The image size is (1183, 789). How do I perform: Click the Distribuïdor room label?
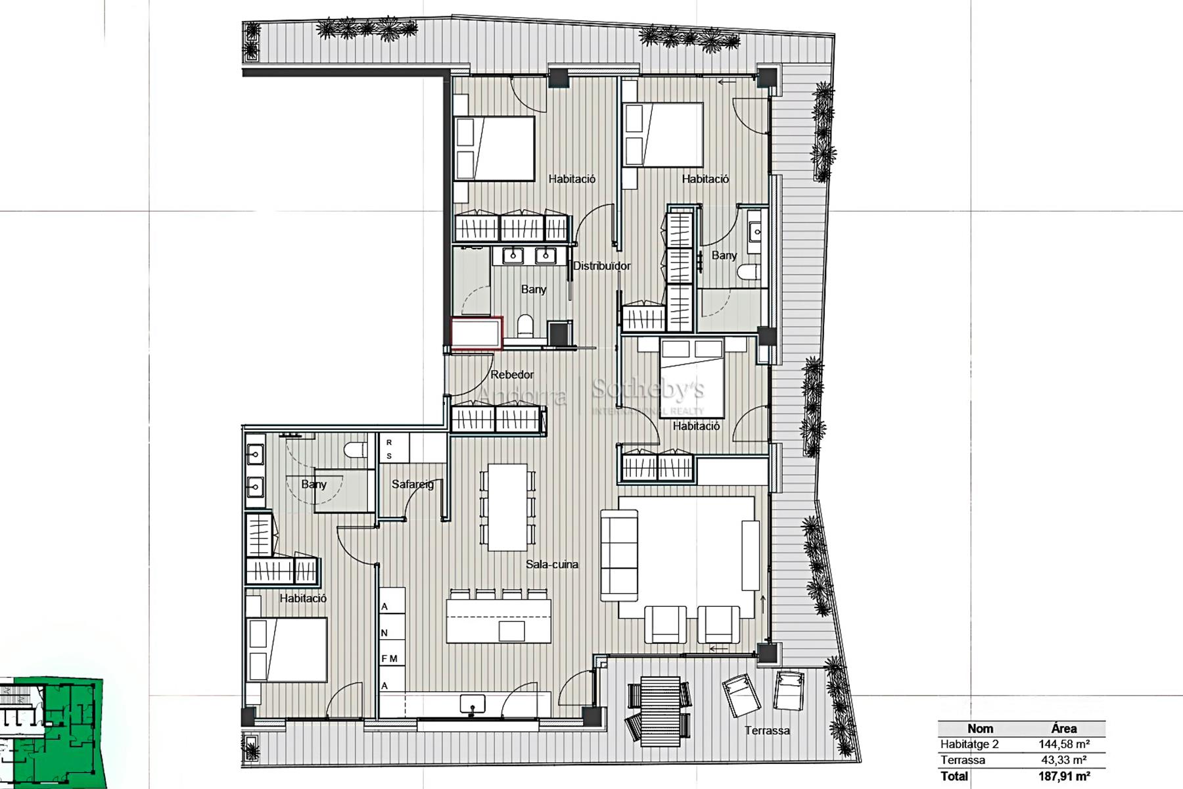point(601,266)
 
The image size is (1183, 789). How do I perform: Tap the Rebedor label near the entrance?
point(512,375)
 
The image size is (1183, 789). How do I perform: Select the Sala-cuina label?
point(552,564)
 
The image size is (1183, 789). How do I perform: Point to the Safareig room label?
point(413,485)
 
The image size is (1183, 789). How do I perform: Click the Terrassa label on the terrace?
point(767,730)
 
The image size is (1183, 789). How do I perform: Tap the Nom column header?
point(980,729)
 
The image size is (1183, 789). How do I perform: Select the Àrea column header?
point(1063,729)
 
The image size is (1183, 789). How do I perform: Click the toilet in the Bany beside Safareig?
point(356,451)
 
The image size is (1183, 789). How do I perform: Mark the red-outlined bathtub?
point(476,333)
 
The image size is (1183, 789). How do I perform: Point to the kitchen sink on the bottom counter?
point(473,704)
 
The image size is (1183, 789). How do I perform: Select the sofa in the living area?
point(619,556)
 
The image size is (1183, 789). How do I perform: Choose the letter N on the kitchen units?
point(384,633)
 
